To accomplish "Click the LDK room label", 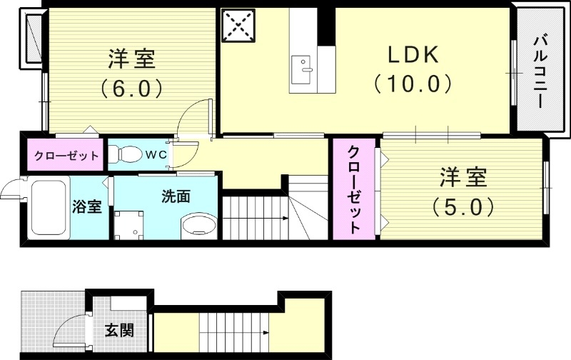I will coord(412,55).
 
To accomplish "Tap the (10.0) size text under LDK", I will coord(412,84).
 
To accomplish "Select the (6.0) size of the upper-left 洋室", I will coord(132,88).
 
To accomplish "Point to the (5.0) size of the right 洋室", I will coord(463,207).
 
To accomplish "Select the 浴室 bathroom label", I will coord(87,207).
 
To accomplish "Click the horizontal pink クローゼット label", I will coord(63,155).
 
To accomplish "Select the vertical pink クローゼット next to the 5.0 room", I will coord(353,189).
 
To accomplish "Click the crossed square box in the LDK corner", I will coord(239,26).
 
